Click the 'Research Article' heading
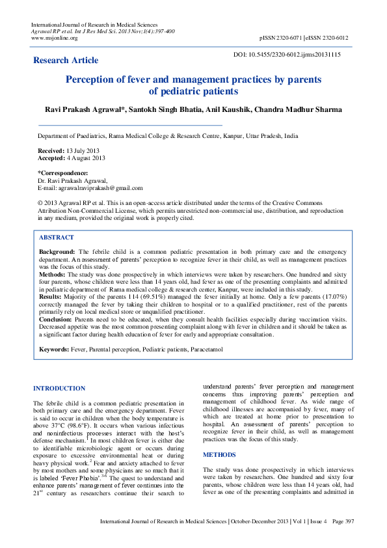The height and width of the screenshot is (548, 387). tap(66, 61)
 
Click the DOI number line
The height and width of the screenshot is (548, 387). tap(287, 55)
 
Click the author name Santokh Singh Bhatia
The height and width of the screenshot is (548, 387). tap(193, 109)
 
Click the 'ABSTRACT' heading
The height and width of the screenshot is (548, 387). tap(56, 238)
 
